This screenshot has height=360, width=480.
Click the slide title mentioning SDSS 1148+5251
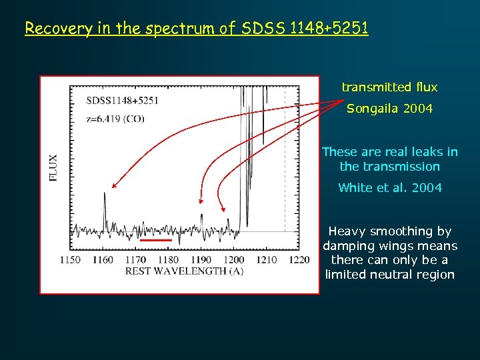[196, 29]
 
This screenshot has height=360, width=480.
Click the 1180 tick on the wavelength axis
[168, 259]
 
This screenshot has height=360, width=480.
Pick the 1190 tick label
[201, 259]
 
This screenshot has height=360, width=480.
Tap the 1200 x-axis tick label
[233, 259]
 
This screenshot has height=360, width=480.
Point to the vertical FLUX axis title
[54, 168]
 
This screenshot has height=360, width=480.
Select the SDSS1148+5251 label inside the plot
[122, 101]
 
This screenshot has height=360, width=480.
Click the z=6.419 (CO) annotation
[115, 119]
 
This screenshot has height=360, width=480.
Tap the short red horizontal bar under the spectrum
[156, 239]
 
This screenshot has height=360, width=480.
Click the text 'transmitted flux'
[389, 87]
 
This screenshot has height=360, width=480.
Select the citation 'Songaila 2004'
[389, 108]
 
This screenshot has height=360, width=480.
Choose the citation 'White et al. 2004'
[389, 188]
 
